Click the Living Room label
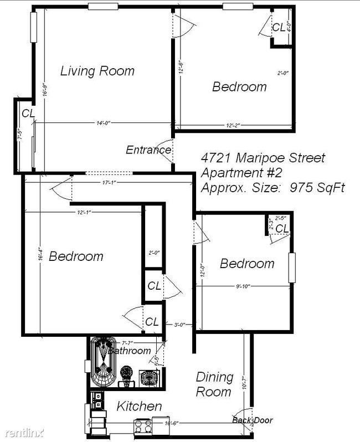click(97, 71)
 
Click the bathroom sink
click(148, 378)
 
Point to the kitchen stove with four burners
click(143, 427)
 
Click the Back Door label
click(253, 420)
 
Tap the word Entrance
click(148, 150)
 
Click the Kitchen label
click(139, 407)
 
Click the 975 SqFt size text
click(317, 188)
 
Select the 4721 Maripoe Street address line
click(263, 158)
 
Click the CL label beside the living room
click(28, 113)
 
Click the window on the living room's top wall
click(103, 7)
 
